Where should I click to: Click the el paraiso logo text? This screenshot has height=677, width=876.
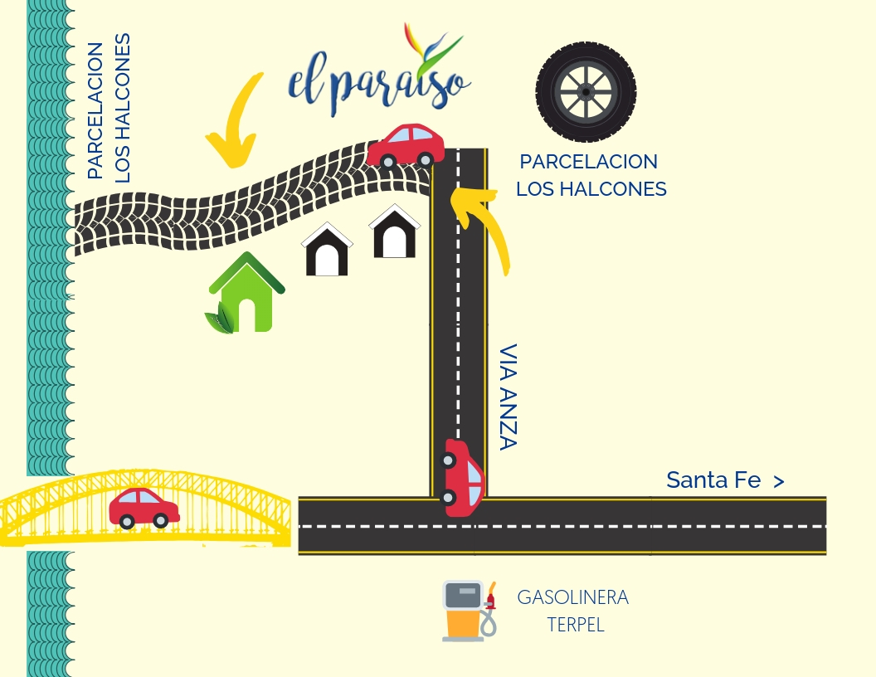(378, 83)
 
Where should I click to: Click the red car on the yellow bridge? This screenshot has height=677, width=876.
(144, 508)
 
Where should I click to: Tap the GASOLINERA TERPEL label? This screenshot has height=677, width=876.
(573, 611)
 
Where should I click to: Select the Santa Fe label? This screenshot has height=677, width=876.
(713, 480)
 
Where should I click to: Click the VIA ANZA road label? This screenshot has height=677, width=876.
(508, 397)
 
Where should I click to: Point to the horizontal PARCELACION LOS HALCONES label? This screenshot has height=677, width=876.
(591, 175)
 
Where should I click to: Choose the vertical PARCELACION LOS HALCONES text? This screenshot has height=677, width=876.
(109, 108)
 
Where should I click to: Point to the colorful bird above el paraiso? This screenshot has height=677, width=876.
(431, 47)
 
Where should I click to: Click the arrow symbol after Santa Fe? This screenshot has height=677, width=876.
(778, 480)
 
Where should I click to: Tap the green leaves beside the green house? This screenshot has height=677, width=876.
(220, 319)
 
